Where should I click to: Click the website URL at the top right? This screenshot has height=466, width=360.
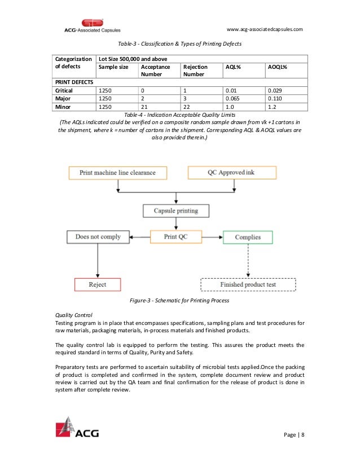click(265, 29)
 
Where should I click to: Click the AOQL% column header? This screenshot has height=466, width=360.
click(277, 67)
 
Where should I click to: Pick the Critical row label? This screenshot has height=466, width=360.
click(64, 90)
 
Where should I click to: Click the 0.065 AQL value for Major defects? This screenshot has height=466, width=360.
click(234, 98)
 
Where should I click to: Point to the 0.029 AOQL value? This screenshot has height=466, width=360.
click(275, 90)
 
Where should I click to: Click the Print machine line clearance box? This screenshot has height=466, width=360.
click(117, 172)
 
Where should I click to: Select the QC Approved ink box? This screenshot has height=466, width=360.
click(232, 172)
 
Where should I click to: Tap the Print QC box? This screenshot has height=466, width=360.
click(176, 237)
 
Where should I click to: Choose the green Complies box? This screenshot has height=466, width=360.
click(247, 237)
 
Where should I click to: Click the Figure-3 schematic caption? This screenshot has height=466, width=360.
click(179, 301)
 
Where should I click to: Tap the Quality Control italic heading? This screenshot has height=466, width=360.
click(73, 315)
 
